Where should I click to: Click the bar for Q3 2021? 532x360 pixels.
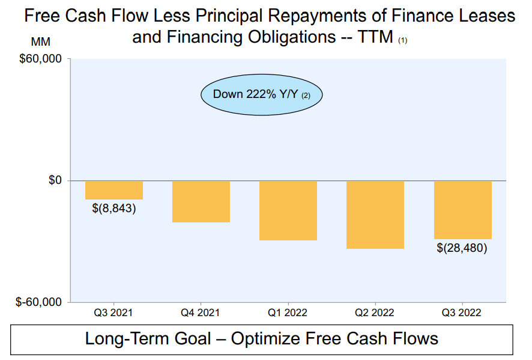pyautogui.click(x=114, y=190)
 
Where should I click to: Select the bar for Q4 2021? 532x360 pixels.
pyautogui.click(x=201, y=201)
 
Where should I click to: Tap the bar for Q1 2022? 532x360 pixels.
pyautogui.click(x=288, y=210)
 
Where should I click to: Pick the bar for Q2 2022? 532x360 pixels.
pyautogui.click(x=375, y=215)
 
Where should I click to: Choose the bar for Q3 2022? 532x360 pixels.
pyautogui.click(x=463, y=210)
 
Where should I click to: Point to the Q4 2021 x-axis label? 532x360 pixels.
pyautogui.click(x=201, y=313)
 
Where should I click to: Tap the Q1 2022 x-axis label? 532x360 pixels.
pyautogui.click(x=288, y=313)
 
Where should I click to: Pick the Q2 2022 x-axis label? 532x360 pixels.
pyautogui.click(x=375, y=313)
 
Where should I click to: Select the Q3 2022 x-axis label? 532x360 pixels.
pyautogui.click(x=462, y=313)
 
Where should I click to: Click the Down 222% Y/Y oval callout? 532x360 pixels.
pyautogui.click(x=261, y=94)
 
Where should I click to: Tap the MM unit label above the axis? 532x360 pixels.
pyautogui.click(x=40, y=43)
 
